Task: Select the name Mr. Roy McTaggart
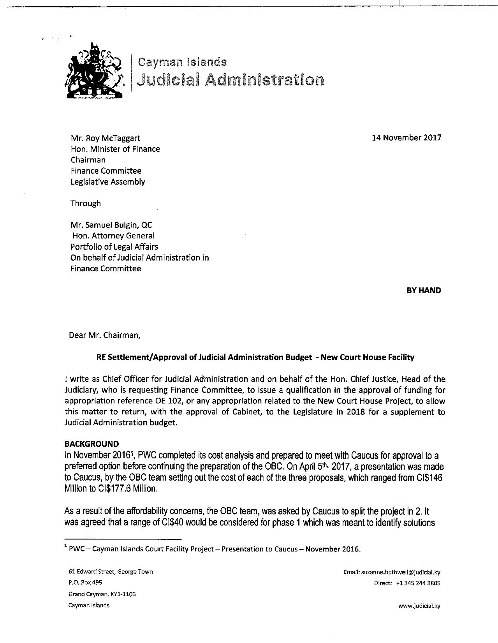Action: coord(105,138)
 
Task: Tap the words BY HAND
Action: coord(424,291)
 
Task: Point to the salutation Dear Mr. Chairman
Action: coord(105,335)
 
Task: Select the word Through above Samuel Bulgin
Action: coord(85,203)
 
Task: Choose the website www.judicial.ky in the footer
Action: coord(417,606)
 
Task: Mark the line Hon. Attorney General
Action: coord(113,236)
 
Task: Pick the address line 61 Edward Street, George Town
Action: coord(111,572)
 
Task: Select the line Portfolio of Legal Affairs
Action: coord(114,247)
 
